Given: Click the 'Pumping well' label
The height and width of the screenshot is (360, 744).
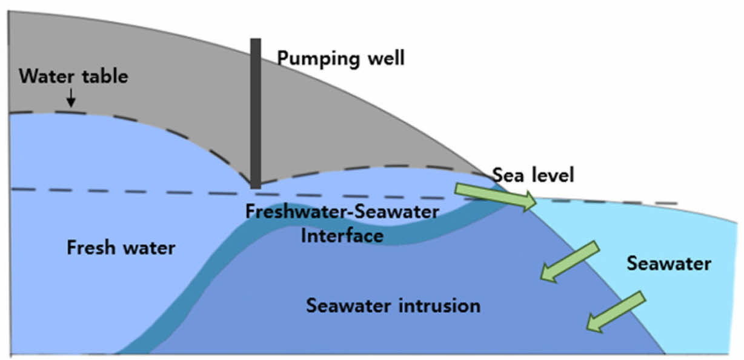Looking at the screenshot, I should click(340, 59).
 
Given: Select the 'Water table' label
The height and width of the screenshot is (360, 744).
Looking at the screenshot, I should click(73, 77).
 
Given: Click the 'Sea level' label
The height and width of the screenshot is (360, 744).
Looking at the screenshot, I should click(533, 175).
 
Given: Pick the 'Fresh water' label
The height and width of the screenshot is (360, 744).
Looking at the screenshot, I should click(121, 248).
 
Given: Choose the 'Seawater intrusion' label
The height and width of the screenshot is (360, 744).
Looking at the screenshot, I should click(393, 305).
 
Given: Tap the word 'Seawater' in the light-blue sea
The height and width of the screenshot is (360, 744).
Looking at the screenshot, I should click(669, 264).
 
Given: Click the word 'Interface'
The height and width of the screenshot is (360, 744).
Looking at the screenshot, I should click(342, 235).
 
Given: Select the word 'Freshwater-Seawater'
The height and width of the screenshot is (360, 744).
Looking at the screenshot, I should click(342, 212).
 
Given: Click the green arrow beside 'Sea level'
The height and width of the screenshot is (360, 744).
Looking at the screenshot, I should click(496, 197).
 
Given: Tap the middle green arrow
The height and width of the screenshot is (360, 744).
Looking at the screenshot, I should click(570, 261).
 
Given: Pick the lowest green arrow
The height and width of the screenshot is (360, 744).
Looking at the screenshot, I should click(615, 312).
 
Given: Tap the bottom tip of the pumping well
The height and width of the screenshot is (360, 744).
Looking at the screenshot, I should click(256, 187).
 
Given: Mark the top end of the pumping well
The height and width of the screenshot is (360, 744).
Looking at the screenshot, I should click(256, 40).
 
